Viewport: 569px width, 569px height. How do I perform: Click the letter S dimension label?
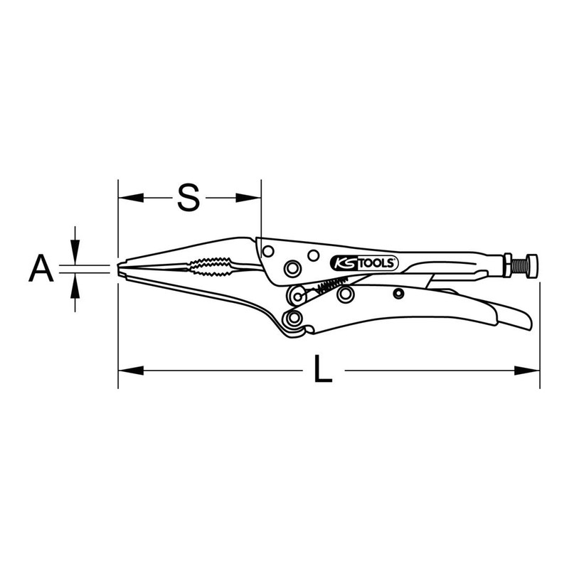pyautogui.click(x=187, y=197)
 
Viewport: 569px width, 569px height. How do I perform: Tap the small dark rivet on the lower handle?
pyautogui.click(x=399, y=294)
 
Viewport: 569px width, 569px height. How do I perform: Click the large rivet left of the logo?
pyautogui.click(x=290, y=267)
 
